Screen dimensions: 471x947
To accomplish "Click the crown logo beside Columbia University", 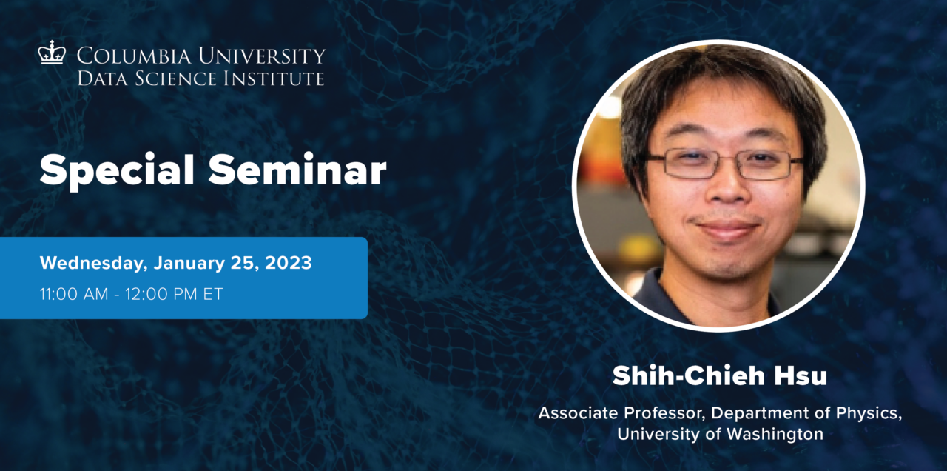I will (x=52, y=53).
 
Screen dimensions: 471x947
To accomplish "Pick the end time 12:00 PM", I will (x=169, y=293).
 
